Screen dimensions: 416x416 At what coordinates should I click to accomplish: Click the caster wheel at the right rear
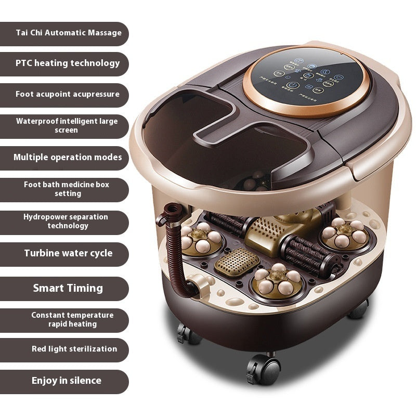pyautogui.click(x=359, y=310)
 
